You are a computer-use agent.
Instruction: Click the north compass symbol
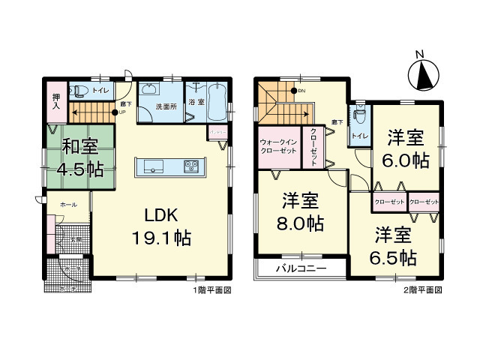point(422,73)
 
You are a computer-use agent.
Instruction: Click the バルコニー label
point(299,268)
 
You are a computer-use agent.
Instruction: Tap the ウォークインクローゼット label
point(279,145)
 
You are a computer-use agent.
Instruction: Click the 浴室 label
point(197,100)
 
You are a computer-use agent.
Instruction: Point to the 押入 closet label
point(56,103)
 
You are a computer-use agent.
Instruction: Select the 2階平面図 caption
point(424,289)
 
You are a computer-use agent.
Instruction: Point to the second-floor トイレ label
point(359,136)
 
